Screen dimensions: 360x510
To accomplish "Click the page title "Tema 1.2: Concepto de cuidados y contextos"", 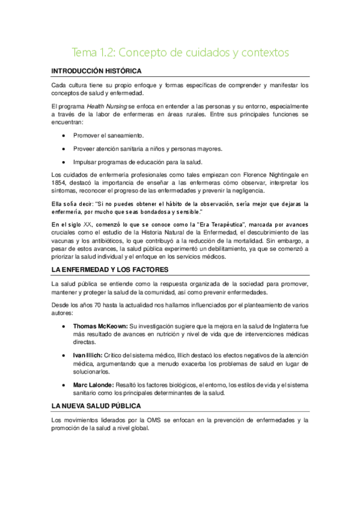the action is tap(180, 52).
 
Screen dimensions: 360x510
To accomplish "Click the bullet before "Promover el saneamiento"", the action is tap(64, 135).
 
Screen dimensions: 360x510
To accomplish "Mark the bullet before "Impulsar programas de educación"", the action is tap(64, 162).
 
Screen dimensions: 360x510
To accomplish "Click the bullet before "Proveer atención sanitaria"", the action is tap(64, 149).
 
